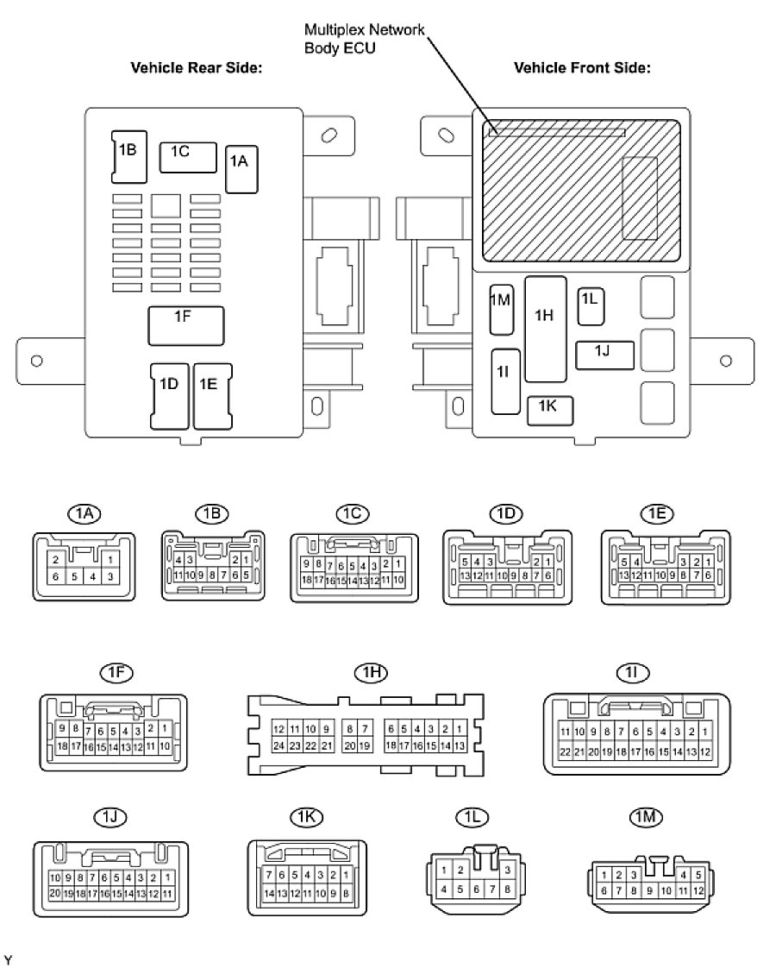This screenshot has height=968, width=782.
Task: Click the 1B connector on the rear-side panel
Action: pos(127,155)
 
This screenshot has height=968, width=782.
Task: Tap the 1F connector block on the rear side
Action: pos(186,325)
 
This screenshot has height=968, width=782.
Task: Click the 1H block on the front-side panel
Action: pos(545,329)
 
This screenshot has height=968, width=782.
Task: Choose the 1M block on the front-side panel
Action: pos(501,309)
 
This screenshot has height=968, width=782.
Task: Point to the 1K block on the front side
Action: pos(549,410)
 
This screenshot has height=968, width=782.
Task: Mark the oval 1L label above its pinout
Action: pos(471,816)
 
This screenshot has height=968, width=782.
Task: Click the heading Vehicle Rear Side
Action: pos(195,67)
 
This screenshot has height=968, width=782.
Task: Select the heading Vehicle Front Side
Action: pos(581,67)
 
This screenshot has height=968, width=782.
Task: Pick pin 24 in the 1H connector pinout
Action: pos(278,745)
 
